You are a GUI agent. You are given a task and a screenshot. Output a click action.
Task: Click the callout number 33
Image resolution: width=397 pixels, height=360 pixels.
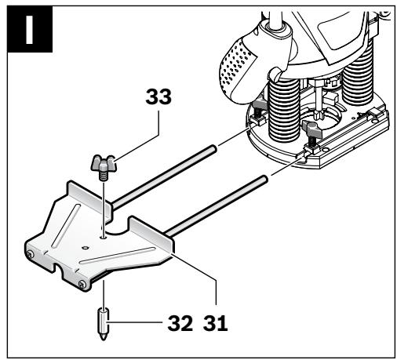pos(158,96)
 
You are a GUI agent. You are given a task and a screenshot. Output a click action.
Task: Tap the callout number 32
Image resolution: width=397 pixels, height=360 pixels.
pos(180,323)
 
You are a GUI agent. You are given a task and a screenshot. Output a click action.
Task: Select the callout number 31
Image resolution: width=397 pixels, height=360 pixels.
pos(215,323)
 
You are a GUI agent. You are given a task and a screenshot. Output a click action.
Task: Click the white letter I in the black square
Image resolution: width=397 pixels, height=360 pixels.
pos(29,30)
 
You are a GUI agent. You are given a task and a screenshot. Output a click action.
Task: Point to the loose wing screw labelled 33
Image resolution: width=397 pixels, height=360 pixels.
pos(104,166)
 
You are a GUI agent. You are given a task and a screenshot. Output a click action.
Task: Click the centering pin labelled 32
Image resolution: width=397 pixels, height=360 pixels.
pos(104,324)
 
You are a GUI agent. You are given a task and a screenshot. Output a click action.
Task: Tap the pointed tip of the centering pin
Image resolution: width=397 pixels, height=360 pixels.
pos(104,340)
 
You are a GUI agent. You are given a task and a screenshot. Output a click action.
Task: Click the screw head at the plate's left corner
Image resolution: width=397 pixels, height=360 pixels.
pos(31,254)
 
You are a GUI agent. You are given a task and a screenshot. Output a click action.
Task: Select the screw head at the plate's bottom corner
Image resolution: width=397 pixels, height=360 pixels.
pos(82,283)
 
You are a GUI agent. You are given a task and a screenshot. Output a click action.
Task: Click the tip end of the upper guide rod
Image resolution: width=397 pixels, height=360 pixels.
pos(213,148)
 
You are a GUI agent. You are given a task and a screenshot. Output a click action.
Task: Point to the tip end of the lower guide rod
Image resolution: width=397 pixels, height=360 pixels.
pos(264,179)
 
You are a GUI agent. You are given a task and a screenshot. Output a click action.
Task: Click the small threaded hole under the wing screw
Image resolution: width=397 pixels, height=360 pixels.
pos(104,238)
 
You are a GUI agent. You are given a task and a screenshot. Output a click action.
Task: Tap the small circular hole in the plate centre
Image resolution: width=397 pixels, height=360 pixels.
pos(85,247)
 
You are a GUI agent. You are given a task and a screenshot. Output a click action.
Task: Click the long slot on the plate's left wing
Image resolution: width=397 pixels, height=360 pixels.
pos(66,226)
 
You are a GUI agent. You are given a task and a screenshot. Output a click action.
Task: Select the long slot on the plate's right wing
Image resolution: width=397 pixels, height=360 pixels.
pos(118,256)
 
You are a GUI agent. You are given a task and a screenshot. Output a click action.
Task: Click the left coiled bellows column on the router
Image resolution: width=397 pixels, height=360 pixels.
pos(284,110)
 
